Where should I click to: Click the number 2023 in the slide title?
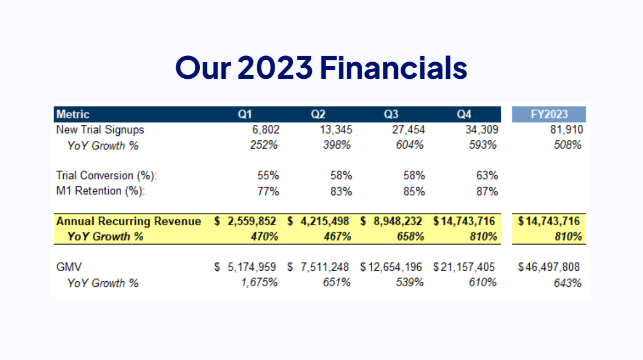(275, 67)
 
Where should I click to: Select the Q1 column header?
(245, 114)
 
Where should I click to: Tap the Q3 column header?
(391, 114)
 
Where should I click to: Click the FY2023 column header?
(549, 114)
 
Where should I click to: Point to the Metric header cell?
(73, 114)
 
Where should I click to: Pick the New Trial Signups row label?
(100, 130)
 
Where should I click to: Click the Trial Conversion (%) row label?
(107, 175)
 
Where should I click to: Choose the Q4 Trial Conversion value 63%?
(487, 175)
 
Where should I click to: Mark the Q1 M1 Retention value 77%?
(268, 191)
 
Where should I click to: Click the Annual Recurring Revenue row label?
(129, 221)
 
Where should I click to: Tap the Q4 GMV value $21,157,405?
(464, 267)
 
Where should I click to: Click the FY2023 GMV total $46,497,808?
(549, 267)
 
